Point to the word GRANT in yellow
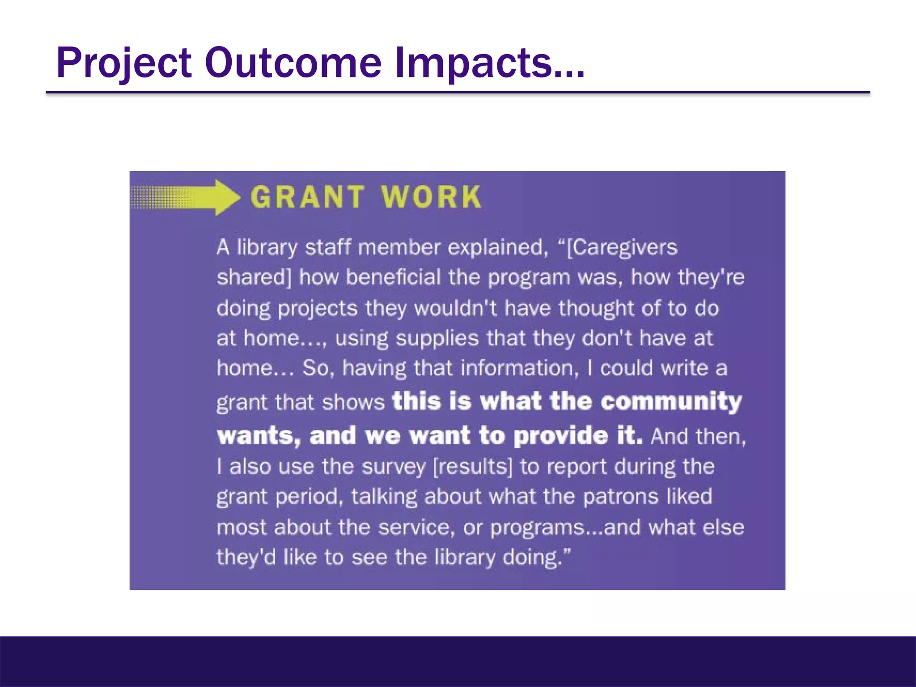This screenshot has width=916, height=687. coord(307,197)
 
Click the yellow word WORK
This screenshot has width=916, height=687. coord(431,197)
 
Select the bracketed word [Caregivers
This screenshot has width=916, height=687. coord(622,247)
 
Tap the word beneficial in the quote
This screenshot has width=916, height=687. coord(393,277)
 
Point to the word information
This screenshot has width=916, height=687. coord(517,368)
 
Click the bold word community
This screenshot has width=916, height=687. coord(671,401)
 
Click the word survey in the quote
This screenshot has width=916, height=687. coord(394,466)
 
